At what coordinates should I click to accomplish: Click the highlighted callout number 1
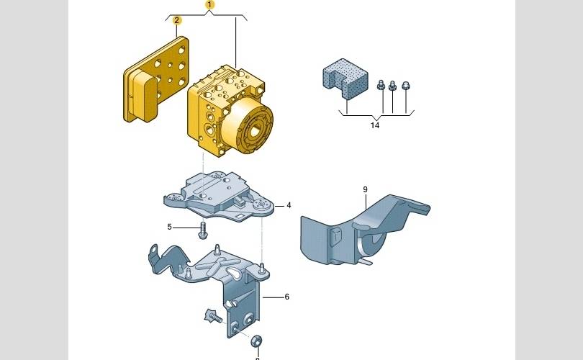pos(209,4)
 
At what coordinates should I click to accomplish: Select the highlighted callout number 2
pos(176,20)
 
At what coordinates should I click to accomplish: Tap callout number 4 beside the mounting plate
pos(289,205)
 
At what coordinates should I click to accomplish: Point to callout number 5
pos(170,228)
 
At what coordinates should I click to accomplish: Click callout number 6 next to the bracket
pos(286,297)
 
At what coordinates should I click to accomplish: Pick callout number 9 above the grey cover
pos(365,189)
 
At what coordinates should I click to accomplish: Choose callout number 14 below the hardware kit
pos(374,125)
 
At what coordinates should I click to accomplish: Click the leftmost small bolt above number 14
pos(381,86)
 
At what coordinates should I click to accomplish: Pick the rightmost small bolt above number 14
pos(406,85)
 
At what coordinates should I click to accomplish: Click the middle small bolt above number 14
pos(393,86)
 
